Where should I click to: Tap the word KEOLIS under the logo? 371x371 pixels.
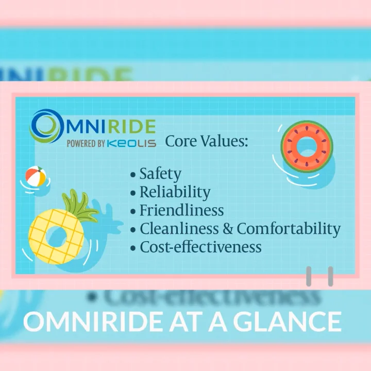point(131,144)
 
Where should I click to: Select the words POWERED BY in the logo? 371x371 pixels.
point(86,144)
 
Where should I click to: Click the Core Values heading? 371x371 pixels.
point(206,141)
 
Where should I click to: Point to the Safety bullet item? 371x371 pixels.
point(160,174)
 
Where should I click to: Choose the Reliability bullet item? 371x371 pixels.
point(175,192)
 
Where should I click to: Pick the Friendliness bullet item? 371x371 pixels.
point(181,210)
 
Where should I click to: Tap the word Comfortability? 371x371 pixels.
point(289,228)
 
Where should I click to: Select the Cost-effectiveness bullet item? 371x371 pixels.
point(200,247)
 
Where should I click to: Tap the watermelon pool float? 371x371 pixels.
point(307,146)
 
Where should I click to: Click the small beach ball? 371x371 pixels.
point(35,177)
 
